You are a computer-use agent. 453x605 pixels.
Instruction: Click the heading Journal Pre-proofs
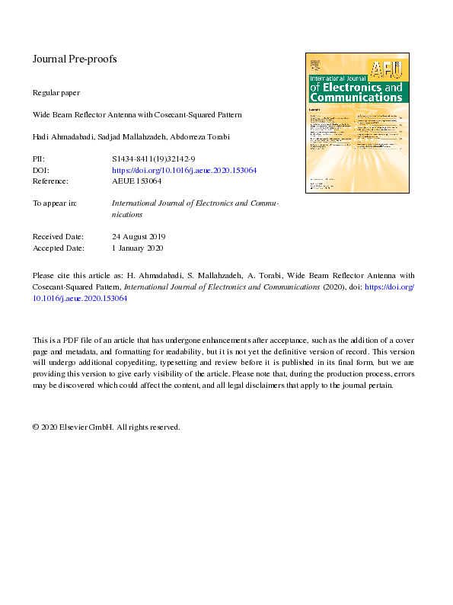(75, 59)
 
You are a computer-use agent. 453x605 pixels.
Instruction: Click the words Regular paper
(56, 92)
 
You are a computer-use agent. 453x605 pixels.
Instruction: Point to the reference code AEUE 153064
(136, 181)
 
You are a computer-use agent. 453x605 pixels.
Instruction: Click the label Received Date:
(58, 236)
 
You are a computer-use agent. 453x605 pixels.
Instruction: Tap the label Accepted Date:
(58, 248)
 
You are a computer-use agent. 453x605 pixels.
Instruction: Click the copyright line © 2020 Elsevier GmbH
(106, 427)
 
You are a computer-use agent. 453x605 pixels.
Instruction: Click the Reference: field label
(50, 181)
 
